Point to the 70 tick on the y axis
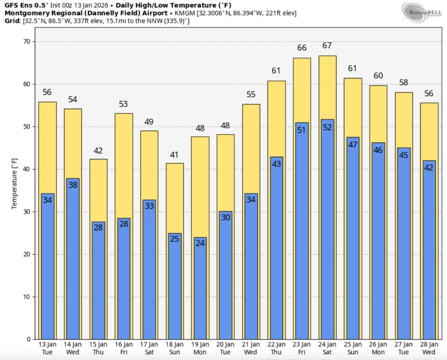27,42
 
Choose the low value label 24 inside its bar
200,243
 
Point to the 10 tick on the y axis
27,297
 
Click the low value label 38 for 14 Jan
72,184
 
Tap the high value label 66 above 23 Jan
302,48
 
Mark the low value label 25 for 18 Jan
175,239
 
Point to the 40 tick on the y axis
27,169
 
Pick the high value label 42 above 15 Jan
98,151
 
